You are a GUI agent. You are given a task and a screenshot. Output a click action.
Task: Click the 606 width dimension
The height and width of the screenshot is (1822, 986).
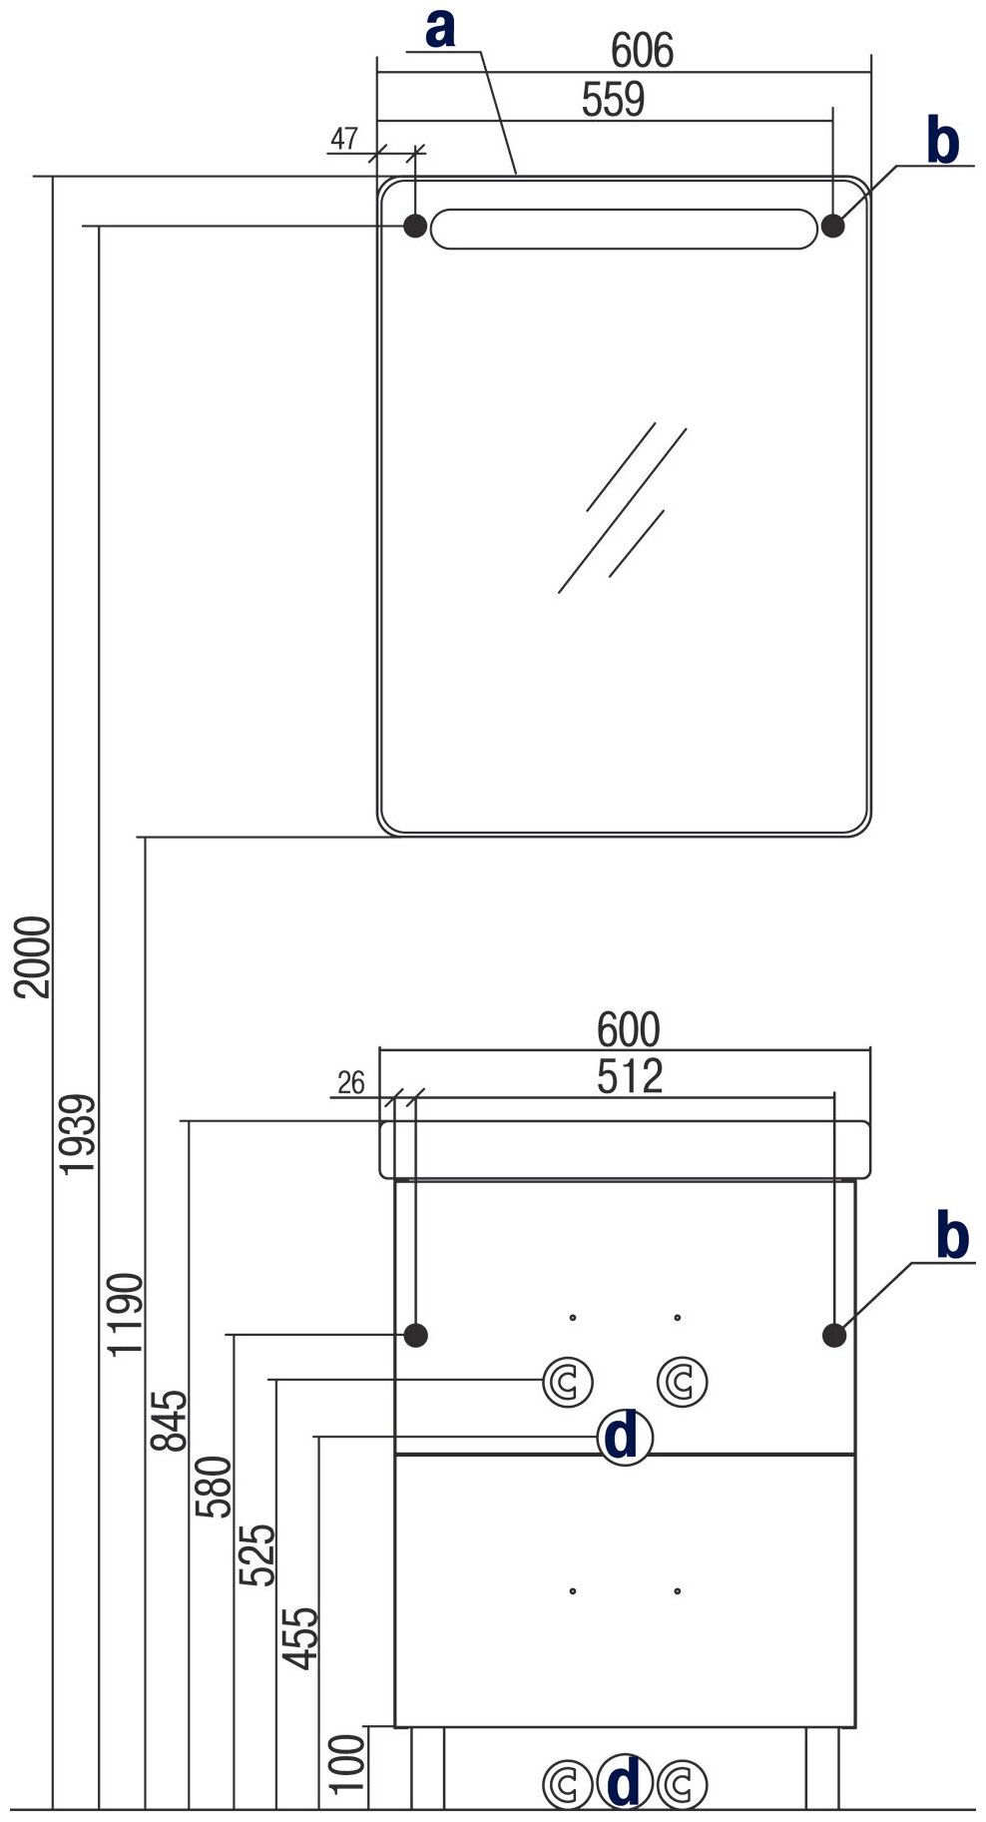click(642, 51)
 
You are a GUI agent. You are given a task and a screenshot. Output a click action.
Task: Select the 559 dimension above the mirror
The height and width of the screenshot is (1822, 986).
click(613, 100)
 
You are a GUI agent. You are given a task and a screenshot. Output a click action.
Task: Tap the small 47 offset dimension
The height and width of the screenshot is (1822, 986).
click(344, 139)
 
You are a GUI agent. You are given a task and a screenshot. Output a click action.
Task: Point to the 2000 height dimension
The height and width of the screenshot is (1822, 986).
click(35, 955)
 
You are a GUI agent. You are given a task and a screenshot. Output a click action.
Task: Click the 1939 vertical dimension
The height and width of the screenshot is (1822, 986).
click(80, 1134)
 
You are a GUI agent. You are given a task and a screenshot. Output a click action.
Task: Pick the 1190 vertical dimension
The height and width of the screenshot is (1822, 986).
click(127, 1314)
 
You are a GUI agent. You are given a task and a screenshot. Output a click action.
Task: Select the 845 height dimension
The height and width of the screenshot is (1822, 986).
click(170, 1421)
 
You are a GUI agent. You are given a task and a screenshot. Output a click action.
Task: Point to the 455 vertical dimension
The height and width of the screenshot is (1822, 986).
click(300, 1638)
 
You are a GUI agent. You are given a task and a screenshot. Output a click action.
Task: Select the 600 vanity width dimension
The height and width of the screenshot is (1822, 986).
click(629, 1029)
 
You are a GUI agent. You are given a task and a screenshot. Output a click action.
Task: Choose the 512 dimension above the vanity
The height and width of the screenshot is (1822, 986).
click(630, 1076)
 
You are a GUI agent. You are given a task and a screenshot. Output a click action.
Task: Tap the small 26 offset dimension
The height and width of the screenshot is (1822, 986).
click(351, 1082)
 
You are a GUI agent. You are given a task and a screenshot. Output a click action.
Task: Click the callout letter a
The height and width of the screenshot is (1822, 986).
click(440, 29)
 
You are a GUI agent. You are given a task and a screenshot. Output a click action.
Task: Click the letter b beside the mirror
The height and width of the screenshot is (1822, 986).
click(943, 141)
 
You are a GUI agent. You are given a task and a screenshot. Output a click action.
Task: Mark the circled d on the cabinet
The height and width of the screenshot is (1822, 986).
click(624, 1439)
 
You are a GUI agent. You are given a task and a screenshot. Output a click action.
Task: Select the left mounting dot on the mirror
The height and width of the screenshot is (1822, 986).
click(414, 226)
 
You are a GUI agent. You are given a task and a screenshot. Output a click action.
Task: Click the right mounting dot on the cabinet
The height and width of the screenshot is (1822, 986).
click(834, 1335)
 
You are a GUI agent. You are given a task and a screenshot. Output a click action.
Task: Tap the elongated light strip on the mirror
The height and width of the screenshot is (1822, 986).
click(624, 228)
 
